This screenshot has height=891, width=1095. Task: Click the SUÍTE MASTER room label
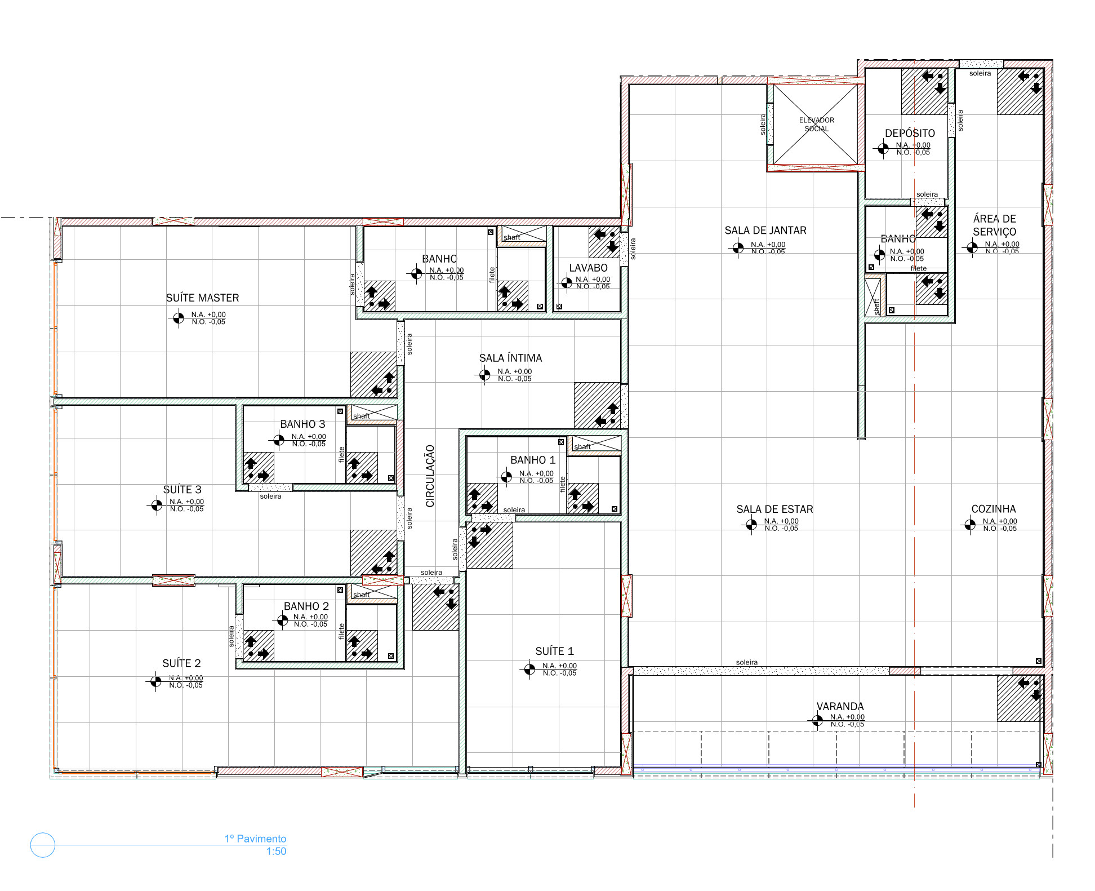(x=202, y=298)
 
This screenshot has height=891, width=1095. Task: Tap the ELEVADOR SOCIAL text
(x=817, y=125)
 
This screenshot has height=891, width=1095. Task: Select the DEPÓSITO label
(x=910, y=133)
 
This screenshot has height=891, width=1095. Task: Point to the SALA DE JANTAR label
(x=765, y=230)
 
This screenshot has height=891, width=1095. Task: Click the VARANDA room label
(x=840, y=706)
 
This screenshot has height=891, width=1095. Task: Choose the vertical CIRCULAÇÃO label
(x=430, y=476)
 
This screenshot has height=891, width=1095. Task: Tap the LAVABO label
(x=588, y=268)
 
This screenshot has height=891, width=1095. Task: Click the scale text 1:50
(x=276, y=851)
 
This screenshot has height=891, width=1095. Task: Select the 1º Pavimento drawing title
(x=255, y=839)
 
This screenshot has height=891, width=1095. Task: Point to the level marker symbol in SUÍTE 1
(x=529, y=669)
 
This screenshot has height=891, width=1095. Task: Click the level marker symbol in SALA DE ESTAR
(x=751, y=525)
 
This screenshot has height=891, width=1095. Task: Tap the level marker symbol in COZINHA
(x=970, y=525)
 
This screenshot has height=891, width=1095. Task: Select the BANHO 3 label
(x=302, y=424)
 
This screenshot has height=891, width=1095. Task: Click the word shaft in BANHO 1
(x=582, y=446)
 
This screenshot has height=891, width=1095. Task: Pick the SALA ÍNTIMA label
(x=510, y=358)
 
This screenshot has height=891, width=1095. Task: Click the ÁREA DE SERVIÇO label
(x=995, y=225)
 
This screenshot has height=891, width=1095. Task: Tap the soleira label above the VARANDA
(x=747, y=662)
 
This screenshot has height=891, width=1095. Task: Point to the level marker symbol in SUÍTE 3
(x=156, y=505)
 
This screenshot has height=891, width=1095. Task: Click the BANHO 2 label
(x=306, y=606)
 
